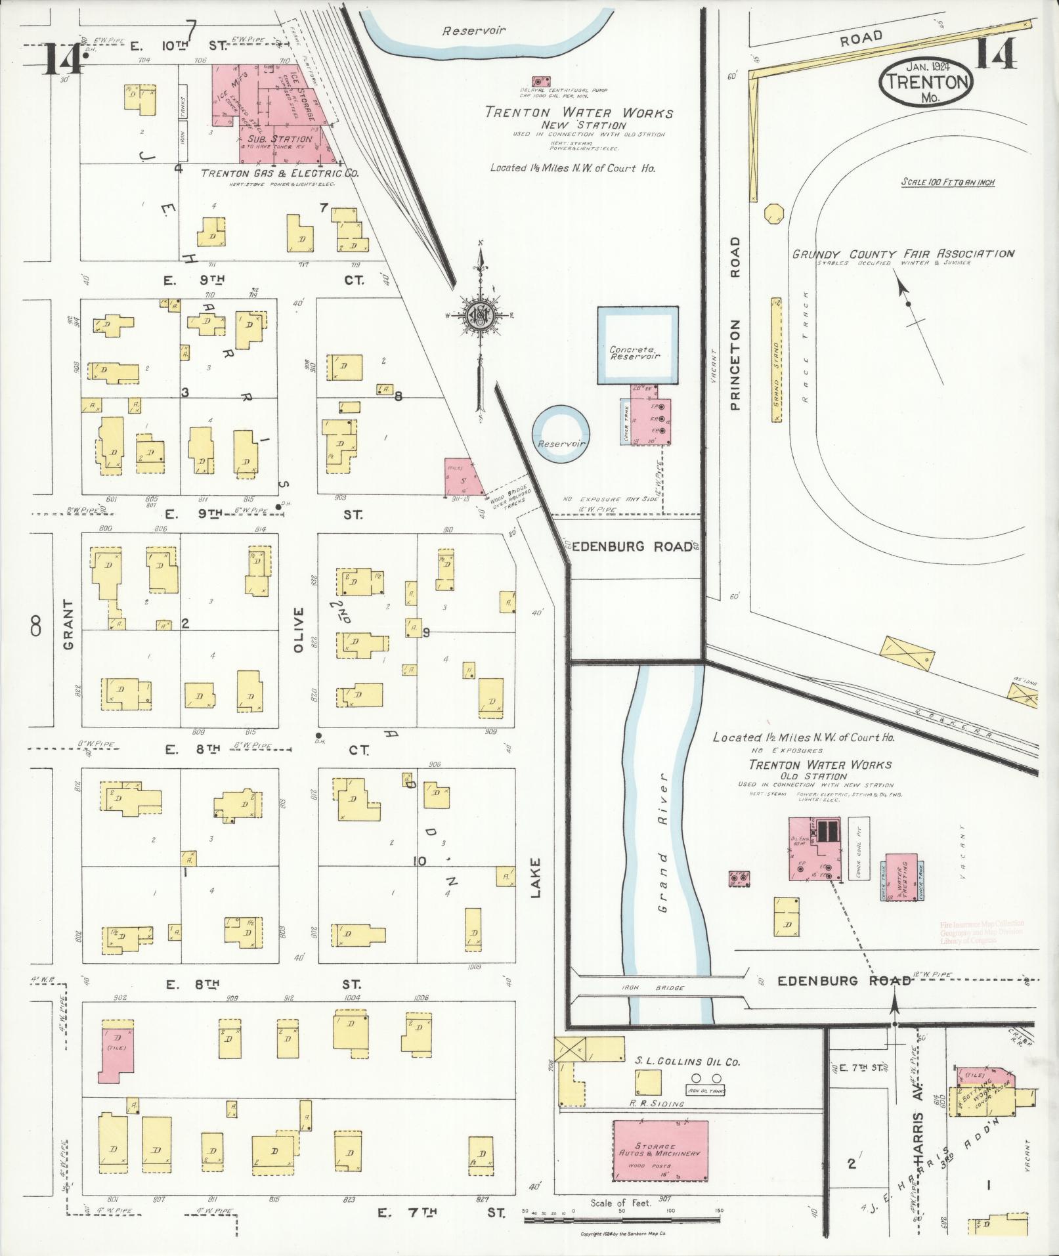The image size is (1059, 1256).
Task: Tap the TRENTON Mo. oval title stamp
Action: coord(926,83)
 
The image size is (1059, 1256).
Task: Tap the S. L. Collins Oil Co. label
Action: coord(687,1062)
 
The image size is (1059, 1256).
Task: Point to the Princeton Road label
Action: coord(735,324)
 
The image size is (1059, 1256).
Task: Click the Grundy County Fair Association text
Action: coord(903,254)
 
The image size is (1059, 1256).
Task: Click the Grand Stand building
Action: coord(776,360)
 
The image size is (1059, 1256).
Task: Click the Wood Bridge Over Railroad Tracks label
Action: coord(509,503)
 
